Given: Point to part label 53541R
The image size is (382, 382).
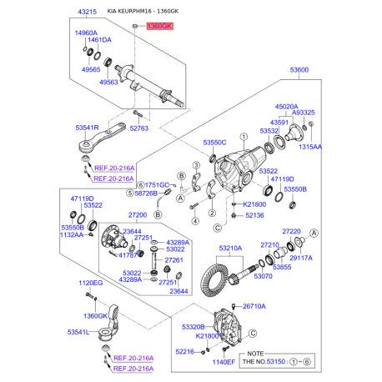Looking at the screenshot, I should coord(88,127).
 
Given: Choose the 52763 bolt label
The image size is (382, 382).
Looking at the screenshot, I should coord(138,128).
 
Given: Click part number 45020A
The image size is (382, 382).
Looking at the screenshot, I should coord(286,106).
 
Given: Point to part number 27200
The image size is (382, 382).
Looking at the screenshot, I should coord(136,214).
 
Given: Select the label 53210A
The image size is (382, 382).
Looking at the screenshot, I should coord(230,248).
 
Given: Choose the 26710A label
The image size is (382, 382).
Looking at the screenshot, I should coord(254,306).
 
